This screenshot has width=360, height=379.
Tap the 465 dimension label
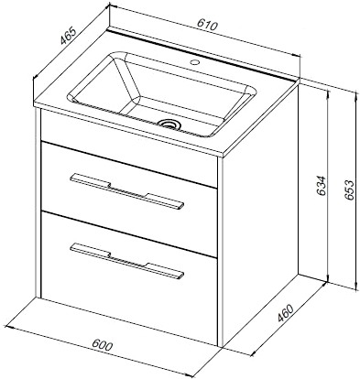coord(67,37)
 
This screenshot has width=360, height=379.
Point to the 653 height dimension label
coord(348,190)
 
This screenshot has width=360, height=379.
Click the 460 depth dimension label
coord(285,313)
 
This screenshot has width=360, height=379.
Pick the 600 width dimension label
coord(103,345)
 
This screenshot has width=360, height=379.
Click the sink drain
coord(169,125)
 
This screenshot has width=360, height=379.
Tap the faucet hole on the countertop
coord(194,63)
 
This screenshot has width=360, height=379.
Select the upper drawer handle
coord(127,191)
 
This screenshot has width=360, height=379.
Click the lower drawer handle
coord(127,261)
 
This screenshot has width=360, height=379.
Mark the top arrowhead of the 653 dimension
coord(355,93)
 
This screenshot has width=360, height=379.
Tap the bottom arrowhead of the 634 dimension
coord(328,279)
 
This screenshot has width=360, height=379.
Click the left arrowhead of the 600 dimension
coord(8,328)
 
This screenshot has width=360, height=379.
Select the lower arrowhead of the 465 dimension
coord(36,77)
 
